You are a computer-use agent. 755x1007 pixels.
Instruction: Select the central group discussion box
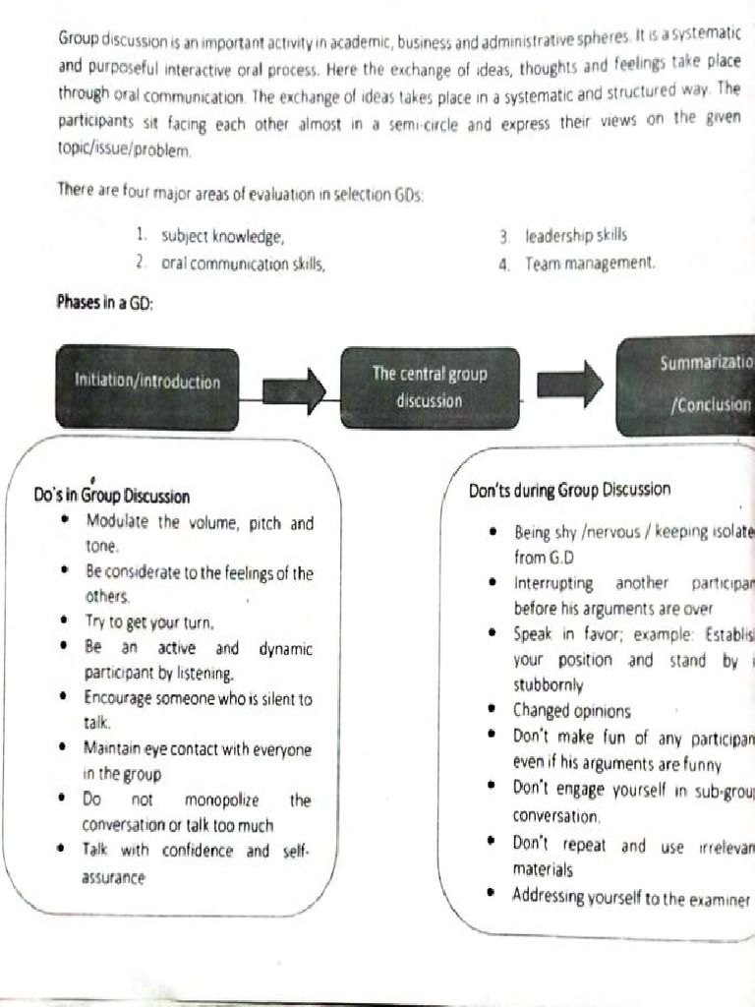[x=430, y=386]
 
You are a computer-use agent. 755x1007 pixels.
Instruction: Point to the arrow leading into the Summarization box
[x=570, y=384]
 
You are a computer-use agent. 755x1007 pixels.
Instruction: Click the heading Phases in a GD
[x=105, y=304]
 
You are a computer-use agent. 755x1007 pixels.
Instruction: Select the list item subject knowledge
[x=222, y=237]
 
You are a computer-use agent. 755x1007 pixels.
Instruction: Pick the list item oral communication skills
[x=242, y=264]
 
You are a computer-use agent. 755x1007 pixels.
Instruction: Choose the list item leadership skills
[x=575, y=236]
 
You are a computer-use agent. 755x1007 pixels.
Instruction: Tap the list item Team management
[x=588, y=264]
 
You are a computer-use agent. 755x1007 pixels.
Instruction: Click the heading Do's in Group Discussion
[x=112, y=497]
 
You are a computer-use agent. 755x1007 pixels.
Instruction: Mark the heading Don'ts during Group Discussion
[x=570, y=490]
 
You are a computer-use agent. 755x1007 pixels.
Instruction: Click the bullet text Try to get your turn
[x=148, y=622]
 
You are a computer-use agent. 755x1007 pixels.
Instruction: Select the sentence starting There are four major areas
[x=240, y=194]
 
